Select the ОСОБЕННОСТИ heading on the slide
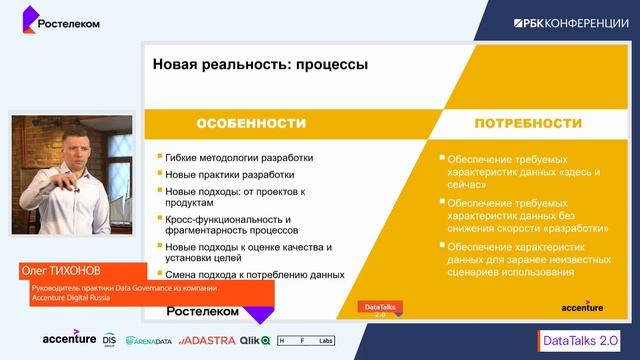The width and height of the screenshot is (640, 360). click(250, 123)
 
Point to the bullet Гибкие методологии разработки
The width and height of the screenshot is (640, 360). click(240, 157)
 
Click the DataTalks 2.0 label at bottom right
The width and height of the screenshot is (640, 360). click(579, 339)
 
